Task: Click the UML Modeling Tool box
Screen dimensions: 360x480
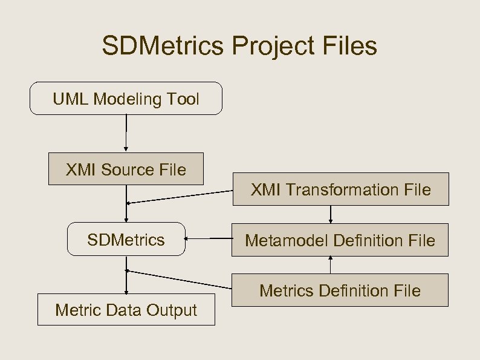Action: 126,99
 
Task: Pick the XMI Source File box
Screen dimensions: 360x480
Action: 126,169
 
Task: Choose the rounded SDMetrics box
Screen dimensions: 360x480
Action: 126,240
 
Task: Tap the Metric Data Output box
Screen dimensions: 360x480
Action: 126,310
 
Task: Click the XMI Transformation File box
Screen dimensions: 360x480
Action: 340,189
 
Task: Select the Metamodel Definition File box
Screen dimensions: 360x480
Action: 340,240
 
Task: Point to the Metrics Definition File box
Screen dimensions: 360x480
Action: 340,290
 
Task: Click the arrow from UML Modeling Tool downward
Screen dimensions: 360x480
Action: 126,133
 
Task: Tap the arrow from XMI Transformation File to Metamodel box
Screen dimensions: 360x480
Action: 331,214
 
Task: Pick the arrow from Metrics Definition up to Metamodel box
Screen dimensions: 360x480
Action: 331,265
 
